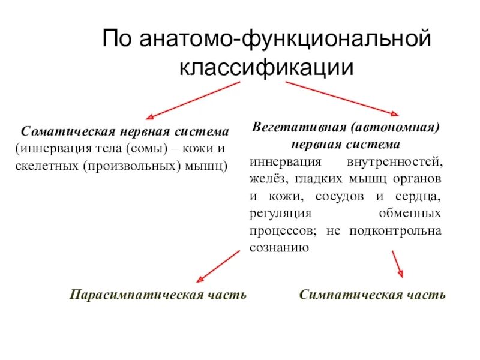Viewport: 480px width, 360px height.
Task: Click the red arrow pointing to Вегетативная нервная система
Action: pos(341,98)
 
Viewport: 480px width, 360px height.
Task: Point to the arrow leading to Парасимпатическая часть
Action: pos(218,266)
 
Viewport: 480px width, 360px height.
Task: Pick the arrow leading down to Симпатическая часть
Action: pos(397,264)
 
